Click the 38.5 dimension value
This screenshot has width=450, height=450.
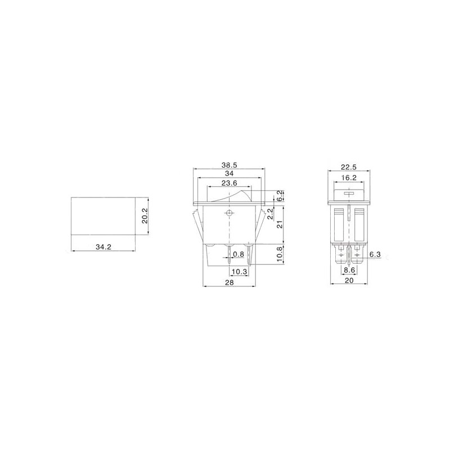click(229, 165)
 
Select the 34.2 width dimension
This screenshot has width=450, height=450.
click(103, 246)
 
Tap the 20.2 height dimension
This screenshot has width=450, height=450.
click(145, 216)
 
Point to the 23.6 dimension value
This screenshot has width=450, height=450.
click(229, 183)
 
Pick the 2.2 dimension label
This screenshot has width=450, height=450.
click(270, 214)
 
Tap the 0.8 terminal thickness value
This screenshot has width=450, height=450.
click(238, 254)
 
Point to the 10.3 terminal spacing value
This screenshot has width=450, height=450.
click(240, 271)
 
